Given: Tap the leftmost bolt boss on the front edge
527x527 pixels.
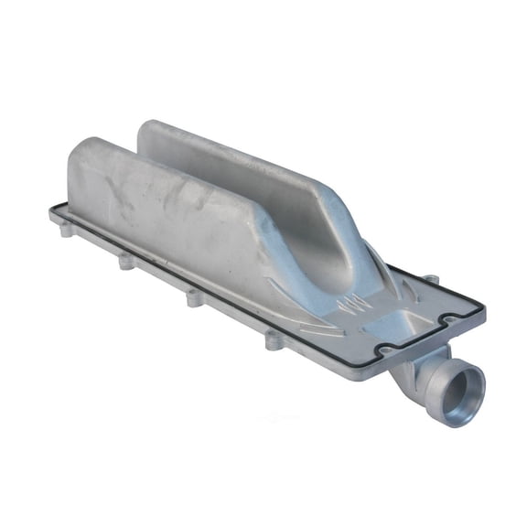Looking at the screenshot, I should pos(66,231).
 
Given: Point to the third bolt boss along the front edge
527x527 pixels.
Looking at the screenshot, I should pos(193,298).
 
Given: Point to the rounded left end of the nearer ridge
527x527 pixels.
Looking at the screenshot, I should pos(82,156).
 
